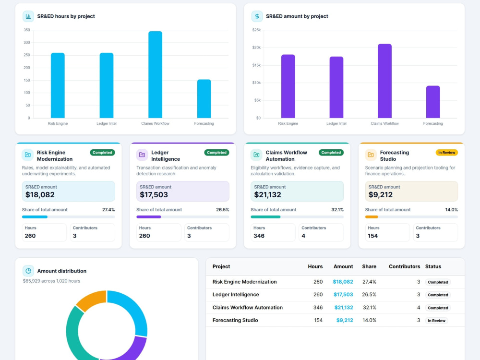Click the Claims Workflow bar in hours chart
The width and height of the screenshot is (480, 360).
coord(155,74)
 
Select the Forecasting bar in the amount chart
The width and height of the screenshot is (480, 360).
coord(433,102)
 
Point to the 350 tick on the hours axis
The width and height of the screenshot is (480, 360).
coord(26,30)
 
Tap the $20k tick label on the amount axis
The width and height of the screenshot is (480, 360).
coord(256,48)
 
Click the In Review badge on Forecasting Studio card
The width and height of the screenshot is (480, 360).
coord(446,153)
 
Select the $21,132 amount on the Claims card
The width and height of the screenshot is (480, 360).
coord(267,195)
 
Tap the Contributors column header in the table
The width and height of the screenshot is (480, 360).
coord(404,266)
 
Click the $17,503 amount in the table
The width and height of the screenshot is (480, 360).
coord(343,295)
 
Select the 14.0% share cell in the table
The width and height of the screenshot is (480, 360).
coord(369,320)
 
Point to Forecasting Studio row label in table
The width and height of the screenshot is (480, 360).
coord(235,320)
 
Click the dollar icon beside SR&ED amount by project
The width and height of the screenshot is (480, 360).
coord(257,16)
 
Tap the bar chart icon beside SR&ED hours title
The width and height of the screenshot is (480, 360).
coord(28,16)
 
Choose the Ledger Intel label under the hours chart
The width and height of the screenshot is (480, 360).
coord(106,123)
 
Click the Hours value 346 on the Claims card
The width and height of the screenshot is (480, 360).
coord(259,236)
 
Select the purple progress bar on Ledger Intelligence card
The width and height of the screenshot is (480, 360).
coord(148,217)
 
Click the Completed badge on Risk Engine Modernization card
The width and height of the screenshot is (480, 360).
coord(102,153)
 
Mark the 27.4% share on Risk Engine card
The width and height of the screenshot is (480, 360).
coord(108,210)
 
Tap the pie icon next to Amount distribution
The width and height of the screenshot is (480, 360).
coord(28,271)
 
